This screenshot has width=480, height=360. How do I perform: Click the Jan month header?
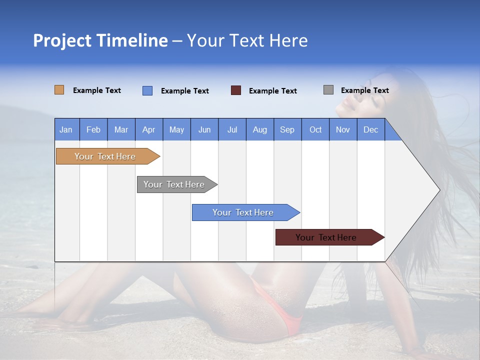(x=66, y=129)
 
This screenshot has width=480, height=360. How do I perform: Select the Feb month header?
(x=93, y=129)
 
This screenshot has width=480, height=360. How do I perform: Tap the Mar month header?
(x=121, y=129)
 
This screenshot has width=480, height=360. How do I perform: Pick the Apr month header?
(x=149, y=129)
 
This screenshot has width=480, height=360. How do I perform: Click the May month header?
(x=176, y=129)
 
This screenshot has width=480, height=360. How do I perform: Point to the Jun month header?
(x=204, y=129)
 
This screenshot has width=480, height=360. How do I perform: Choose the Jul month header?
(x=232, y=129)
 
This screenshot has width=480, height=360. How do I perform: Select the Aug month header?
(x=260, y=129)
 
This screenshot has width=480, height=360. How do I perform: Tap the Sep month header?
(x=287, y=129)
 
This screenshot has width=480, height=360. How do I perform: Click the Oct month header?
(x=315, y=129)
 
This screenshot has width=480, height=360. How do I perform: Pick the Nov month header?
(x=343, y=129)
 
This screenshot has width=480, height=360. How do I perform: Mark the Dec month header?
(x=371, y=129)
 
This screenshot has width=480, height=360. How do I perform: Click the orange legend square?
(x=59, y=90)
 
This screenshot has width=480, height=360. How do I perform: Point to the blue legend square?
(x=147, y=90)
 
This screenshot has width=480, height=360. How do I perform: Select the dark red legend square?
(x=236, y=90)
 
